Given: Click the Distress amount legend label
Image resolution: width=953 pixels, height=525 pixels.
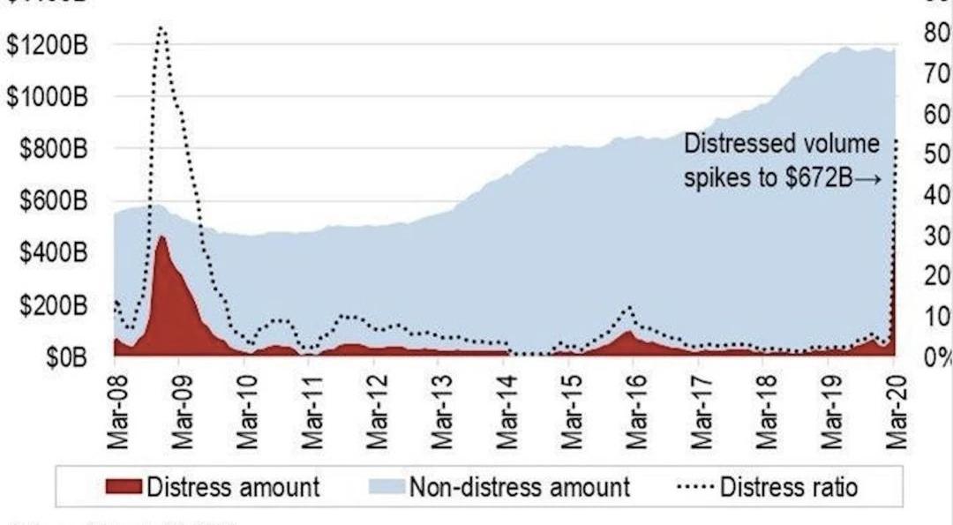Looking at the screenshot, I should [233, 486].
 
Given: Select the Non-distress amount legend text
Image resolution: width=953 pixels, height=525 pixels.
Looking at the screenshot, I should [519, 486].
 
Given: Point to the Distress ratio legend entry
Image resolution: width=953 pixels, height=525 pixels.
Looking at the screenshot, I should [789, 486].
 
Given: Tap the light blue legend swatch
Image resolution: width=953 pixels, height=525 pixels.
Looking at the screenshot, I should [394, 486].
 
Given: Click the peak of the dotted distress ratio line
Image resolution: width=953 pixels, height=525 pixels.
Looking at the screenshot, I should [161, 28].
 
